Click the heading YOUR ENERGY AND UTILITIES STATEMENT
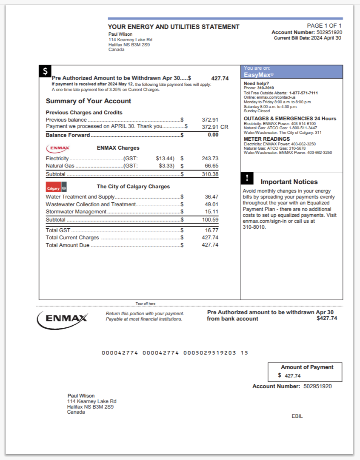174,27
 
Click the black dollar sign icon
45,71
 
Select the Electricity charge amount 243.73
210,159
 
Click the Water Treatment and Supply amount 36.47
211,197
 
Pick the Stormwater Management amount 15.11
211,212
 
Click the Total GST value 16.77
211,230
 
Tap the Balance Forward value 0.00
213,135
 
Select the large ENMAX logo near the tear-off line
63,318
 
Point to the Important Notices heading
289,182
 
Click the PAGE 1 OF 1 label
324,26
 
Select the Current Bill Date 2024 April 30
326,38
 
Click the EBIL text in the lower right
297,416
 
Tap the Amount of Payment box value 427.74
292,376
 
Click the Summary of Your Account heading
89,101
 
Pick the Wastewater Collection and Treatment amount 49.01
211,204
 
